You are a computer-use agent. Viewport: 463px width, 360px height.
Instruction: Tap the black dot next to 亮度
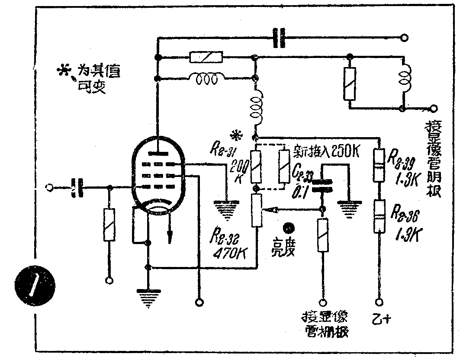287,228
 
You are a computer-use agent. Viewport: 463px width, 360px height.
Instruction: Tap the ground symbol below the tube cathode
148,298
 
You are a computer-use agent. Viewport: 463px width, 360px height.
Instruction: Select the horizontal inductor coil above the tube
207,79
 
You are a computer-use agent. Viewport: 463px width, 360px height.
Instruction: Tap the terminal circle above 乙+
380,302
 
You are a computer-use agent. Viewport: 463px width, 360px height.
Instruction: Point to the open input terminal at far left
50,188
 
